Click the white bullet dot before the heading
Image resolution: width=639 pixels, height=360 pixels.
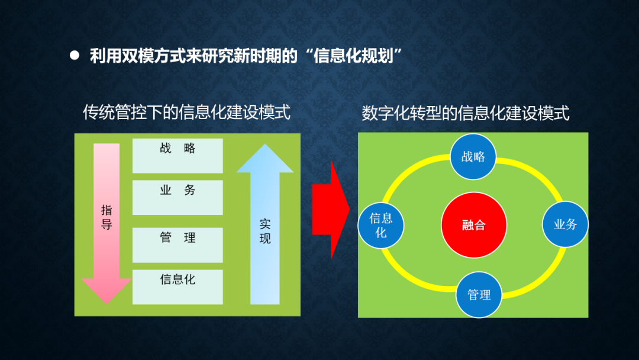74,56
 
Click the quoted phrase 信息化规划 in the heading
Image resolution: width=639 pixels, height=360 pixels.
353,56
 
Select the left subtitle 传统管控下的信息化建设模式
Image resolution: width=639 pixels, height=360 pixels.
186,112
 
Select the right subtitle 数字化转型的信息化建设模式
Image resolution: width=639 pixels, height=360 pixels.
466,113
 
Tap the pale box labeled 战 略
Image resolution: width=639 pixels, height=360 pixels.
177,156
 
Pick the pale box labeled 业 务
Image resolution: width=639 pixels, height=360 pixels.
177,198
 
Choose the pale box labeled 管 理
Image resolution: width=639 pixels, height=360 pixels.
177,245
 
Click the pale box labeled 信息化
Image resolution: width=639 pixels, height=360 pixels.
177,287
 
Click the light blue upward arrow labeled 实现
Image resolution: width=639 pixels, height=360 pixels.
265,224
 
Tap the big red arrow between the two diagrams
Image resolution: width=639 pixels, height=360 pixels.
331,210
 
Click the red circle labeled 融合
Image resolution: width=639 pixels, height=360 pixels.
474,225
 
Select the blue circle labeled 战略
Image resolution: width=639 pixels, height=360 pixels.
473,156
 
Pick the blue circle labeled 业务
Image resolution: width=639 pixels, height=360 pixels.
565,224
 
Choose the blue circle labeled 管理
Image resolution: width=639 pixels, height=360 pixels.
479,294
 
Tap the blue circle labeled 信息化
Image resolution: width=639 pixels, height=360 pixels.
381,226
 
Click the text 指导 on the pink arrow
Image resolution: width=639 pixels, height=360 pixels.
106,217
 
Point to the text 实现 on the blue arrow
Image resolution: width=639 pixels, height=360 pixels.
265,231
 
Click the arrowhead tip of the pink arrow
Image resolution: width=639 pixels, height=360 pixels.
106,304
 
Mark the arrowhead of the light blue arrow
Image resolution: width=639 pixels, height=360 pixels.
265,158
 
